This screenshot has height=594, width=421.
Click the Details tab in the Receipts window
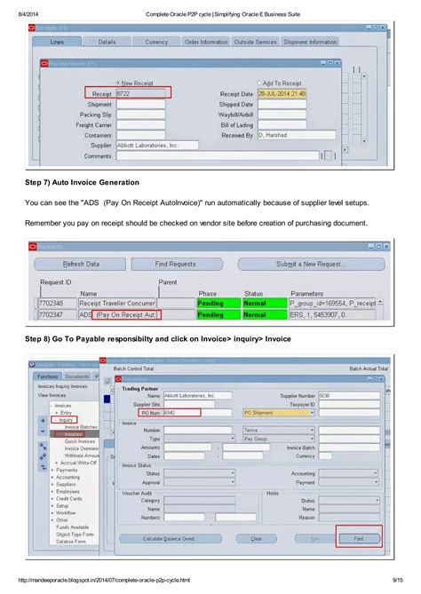(107, 42)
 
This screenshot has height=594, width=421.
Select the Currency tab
(156, 42)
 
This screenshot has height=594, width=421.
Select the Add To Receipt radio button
(258, 83)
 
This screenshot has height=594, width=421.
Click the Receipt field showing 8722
(140, 92)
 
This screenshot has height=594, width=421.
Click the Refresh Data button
(81, 264)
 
